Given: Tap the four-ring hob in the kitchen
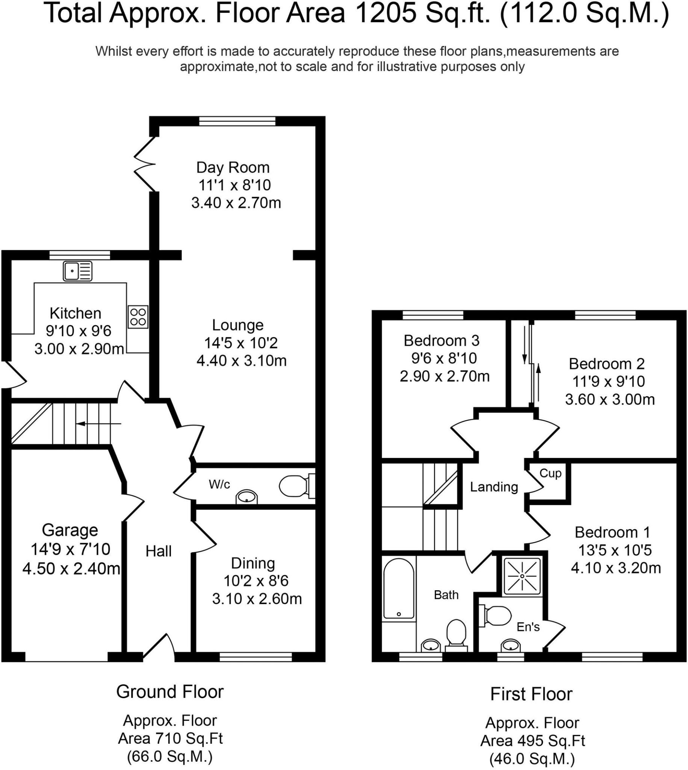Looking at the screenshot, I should pos(138,317).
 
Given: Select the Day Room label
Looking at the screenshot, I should pos(233,167).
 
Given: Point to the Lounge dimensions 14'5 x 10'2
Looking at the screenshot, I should pos(241,343).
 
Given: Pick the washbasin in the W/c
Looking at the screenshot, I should pos(246,497).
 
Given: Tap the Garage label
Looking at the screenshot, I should pos(70,530).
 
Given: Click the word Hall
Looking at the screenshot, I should pos(159,552).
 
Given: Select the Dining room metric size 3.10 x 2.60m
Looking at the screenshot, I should pos(257,599).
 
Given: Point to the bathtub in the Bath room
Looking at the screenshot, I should pos(398,588).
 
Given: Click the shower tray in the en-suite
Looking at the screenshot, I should pos(522,576).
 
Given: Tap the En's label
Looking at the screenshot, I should pos(528,627).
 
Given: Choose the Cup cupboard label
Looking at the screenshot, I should pos(550,473).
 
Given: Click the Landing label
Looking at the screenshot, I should pos(494,487).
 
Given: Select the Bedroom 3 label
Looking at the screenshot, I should pos(442,341).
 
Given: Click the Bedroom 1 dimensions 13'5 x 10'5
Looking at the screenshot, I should pos(615,550).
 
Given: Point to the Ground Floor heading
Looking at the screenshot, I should pos(170,691).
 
